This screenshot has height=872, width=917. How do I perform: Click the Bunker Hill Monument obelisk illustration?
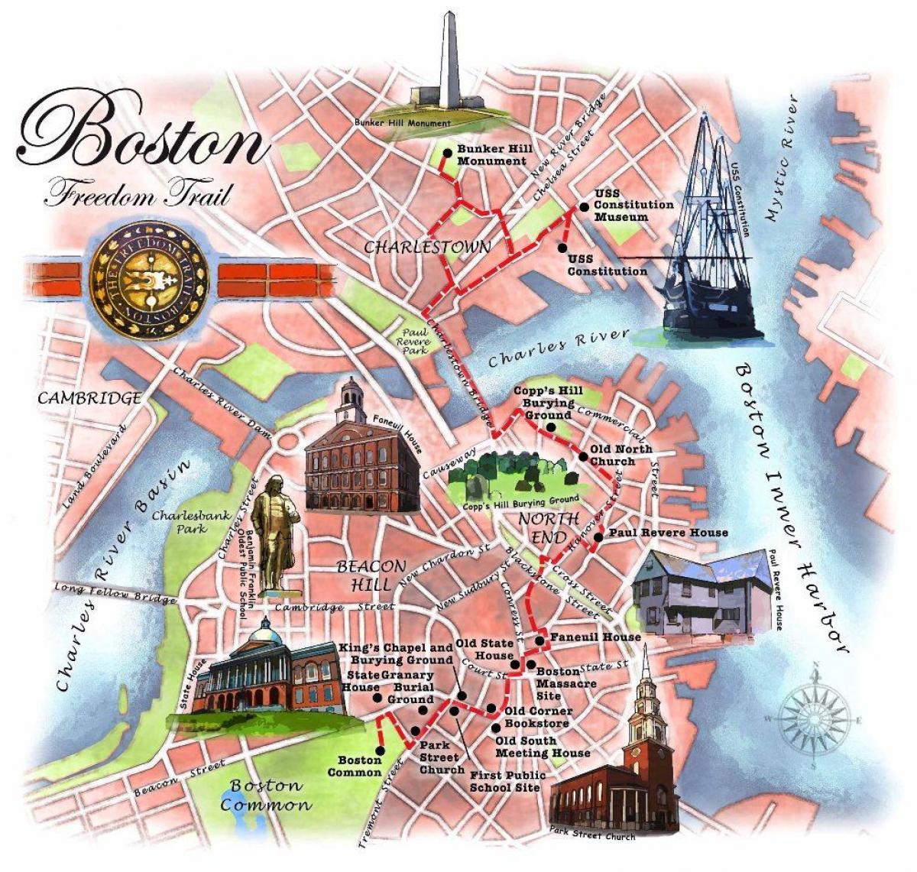(x=448, y=65)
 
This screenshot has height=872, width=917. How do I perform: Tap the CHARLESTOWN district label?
(x=426, y=247)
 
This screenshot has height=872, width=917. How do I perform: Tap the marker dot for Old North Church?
(x=583, y=458)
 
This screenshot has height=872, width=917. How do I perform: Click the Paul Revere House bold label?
(x=667, y=533)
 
